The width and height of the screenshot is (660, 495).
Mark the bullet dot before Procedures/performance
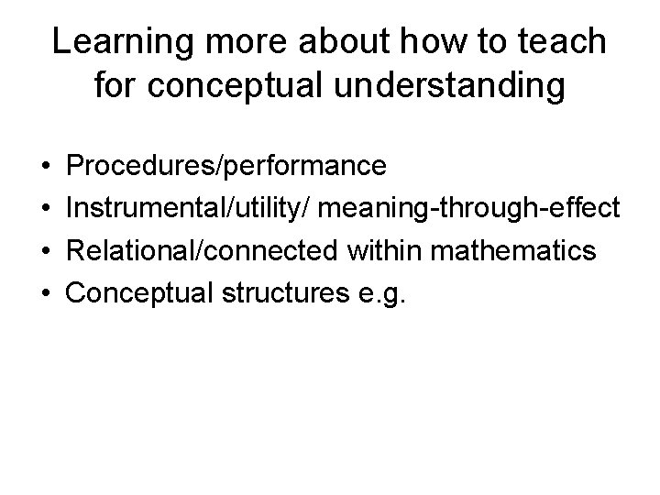[45, 167]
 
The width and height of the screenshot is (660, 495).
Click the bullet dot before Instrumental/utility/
[45, 208]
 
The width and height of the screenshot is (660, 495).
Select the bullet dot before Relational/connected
[45, 249]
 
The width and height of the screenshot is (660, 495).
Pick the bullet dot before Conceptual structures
[45, 291]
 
